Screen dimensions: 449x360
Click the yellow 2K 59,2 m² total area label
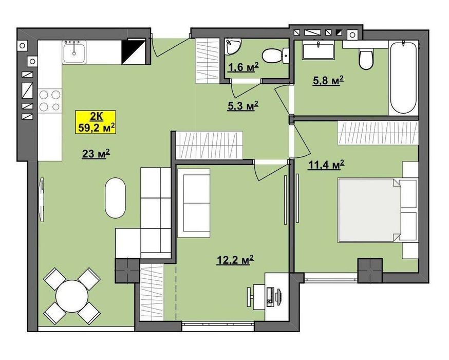(x=96, y=122)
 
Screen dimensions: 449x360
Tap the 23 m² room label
(x=96, y=154)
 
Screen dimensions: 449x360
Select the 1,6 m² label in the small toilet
(x=244, y=67)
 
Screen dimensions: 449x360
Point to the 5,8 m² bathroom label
(x=328, y=81)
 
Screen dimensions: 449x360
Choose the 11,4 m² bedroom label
(x=326, y=165)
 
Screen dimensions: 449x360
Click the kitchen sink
(x=74, y=51)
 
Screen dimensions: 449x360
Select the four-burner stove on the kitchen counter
(x=50, y=100)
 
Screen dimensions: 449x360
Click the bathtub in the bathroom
(x=403, y=78)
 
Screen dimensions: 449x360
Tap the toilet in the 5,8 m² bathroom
(x=366, y=59)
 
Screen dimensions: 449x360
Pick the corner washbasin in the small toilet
(x=232, y=46)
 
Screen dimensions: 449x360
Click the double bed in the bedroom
(x=378, y=210)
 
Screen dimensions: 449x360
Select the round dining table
(x=72, y=296)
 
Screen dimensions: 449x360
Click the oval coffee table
(x=115, y=198)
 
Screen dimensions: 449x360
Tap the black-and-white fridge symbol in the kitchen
(x=134, y=52)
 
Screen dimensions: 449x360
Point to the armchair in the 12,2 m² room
(x=194, y=203)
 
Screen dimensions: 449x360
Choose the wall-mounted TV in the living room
(x=42, y=200)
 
